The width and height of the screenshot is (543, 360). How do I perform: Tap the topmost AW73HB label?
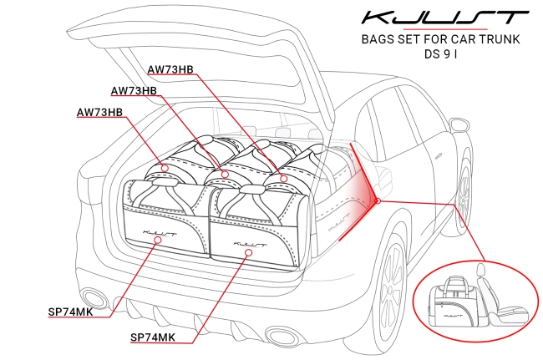tap(170, 69)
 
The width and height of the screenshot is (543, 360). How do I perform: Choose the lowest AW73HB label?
tap(99, 111)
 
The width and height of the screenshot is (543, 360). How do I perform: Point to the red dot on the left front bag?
tap(158, 240)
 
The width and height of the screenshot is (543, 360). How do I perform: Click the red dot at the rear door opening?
tap(378, 200)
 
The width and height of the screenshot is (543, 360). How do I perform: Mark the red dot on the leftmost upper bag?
tap(165, 168)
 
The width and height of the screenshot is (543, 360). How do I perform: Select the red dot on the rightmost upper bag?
tap(284, 178)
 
